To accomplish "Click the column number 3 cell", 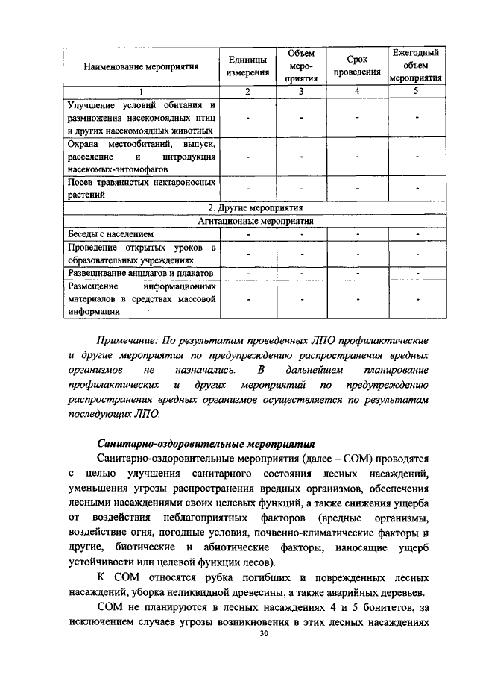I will pyautogui.click(x=301, y=91).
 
